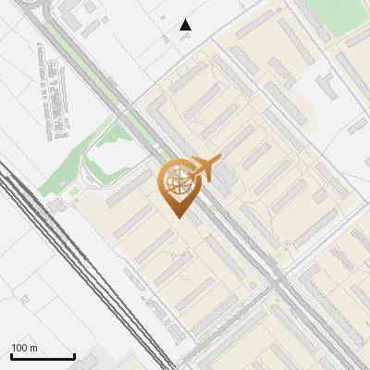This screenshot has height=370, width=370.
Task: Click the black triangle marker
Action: pos(186,25)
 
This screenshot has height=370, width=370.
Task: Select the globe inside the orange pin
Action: pos(177,183)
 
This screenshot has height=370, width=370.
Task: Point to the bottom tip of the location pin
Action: pos(178,218)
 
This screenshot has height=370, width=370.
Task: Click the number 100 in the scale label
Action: pos(19,348)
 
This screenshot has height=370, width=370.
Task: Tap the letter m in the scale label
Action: pos(33,348)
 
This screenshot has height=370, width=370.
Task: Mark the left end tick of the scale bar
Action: pos(11,355)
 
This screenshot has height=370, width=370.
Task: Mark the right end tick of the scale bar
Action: pos(74,355)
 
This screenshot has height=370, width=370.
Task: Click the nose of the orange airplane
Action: pos(218,161)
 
